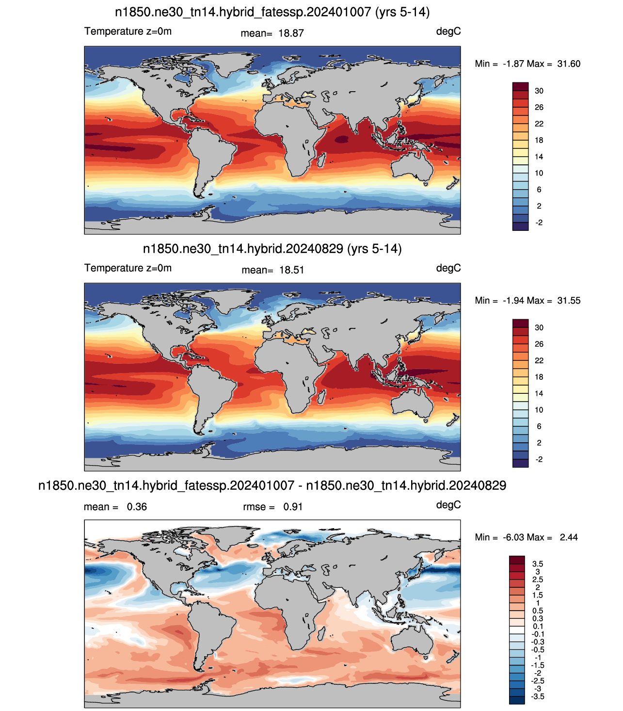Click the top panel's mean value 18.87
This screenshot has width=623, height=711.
click(x=291, y=33)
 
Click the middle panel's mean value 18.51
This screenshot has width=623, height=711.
click(x=291, y=270)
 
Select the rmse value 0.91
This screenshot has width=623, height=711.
click(x=292, y=507)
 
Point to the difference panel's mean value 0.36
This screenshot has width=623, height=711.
click(x=137, y=507)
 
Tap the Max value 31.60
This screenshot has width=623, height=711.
click(x=569, y=64)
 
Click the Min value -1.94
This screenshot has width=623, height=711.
click(x=513, y=300)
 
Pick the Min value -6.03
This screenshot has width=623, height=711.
click(x=513, y=537)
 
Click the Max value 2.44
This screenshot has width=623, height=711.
click(x=569, y=537)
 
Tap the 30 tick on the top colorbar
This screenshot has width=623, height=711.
click(x=539, y=91)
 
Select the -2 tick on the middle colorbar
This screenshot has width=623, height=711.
click(x=539, y=459)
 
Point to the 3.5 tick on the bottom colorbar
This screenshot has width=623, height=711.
click(x=537, y=564)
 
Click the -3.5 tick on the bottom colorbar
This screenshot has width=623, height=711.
click(x=537, y=696)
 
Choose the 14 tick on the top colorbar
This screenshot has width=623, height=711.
click(x=539, y=157)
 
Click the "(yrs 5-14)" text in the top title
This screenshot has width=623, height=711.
click(x=402, y=12)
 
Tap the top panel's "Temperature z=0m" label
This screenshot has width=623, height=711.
click(x=128, y=31)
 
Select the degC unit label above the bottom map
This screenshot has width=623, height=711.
click(x=448, y=505)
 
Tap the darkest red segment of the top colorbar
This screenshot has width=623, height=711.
click(x=520, y=86)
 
